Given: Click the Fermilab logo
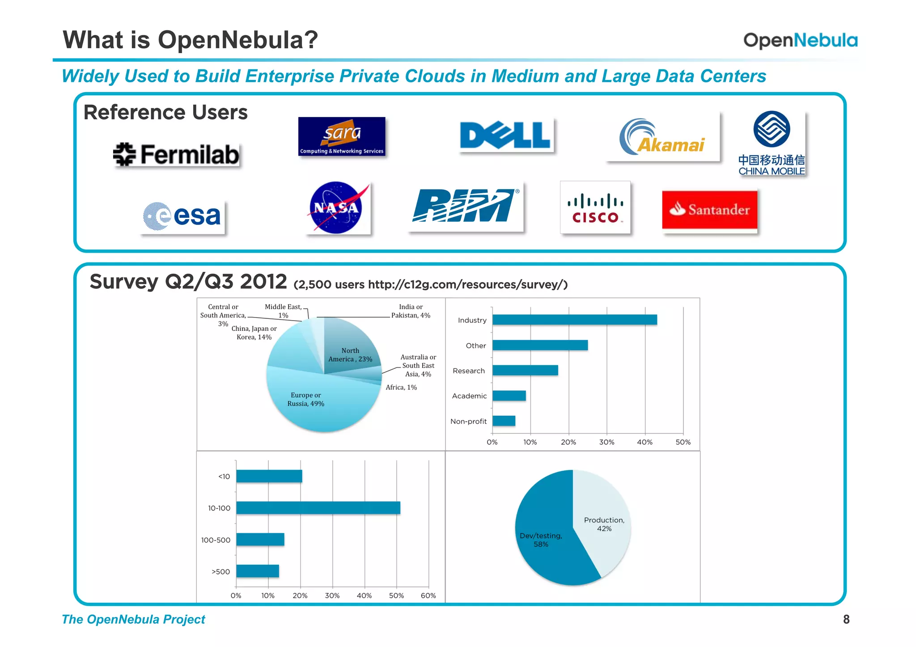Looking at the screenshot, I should [x=177, y=155].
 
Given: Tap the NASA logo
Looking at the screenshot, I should [x=336, y=207].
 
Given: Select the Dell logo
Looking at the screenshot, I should [x=505, y=135].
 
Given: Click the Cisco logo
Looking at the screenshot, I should [x=595, y=207].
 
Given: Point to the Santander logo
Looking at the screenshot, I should [x=709, y=210].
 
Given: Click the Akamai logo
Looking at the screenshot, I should [x=663, y=137].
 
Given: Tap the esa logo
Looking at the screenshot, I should [x=182, y=216].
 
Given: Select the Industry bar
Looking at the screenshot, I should [x=574, y=320].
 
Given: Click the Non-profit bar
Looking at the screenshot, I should [x=504, y=421].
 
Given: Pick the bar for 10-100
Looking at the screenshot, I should [x=318, y=508].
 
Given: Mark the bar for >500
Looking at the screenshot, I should [x=258, y=571].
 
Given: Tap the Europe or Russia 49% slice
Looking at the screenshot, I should [x=313, y=402].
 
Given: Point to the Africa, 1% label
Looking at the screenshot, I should [x=401, y=387].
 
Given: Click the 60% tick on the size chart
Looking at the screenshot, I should [x=428, y=596].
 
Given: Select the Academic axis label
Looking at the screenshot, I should [x=469, y=396].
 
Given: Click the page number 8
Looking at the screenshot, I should [x=846, y=619].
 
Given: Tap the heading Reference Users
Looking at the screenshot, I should [x=165, y=112].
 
